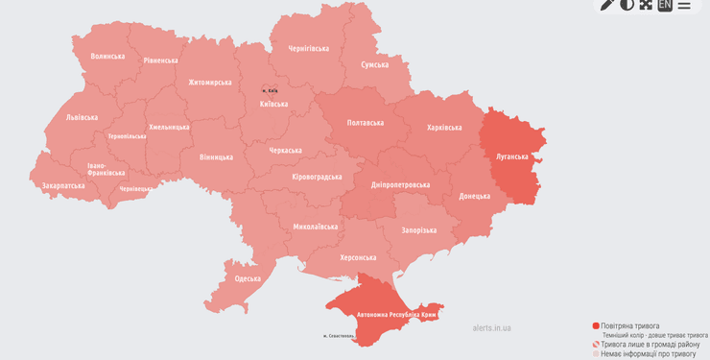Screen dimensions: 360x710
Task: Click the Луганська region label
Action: (512, 156)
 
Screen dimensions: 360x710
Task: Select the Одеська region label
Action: (247, 278)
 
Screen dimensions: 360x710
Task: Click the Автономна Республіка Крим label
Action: (396, 314)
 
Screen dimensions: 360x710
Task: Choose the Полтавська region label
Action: (365, 123)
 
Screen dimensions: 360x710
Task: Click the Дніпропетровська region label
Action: (400, 184)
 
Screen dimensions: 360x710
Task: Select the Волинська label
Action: (107, 57)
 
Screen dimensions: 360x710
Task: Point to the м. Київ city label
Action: (271, 90)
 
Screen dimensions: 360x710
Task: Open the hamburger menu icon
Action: (684, 5)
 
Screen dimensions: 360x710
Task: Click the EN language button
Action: (665, 5)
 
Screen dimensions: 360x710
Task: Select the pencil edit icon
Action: (607, 5)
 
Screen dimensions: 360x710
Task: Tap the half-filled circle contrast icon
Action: (627, 5)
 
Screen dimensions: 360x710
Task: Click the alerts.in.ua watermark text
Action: (491, 327)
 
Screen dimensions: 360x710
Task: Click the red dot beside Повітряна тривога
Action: (596, 326)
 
